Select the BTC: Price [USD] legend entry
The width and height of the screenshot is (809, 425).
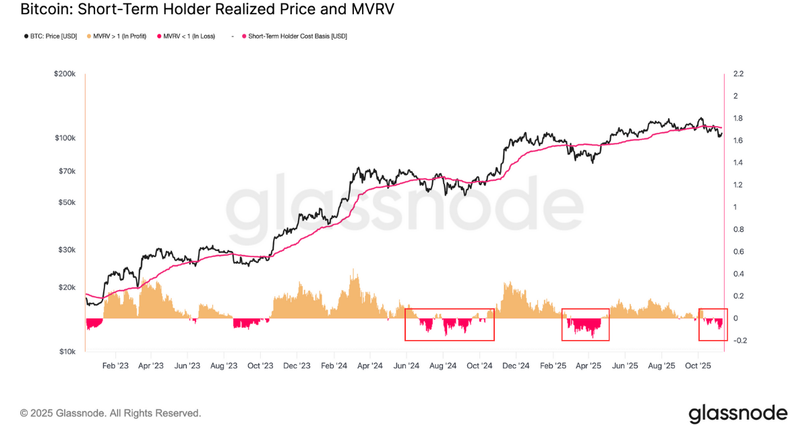point(50,36)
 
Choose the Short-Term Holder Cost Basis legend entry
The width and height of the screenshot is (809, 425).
point(295,36)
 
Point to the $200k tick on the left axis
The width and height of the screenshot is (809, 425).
point(66,74)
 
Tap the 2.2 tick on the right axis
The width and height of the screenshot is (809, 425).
point(738,74)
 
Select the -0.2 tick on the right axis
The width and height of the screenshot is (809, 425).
point(740,341)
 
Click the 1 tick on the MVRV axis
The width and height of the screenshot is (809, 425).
point(736,207)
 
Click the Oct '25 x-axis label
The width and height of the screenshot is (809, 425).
point(698,366)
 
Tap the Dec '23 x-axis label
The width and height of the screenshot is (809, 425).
point(297,366)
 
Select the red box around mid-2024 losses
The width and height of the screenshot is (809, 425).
point(450,324)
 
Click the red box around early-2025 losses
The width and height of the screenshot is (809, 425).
point(585,324)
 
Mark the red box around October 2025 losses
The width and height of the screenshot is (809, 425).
point(713,324)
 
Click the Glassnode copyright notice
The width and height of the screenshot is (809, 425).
point(111,413)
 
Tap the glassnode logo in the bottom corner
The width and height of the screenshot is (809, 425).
point(738,413)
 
